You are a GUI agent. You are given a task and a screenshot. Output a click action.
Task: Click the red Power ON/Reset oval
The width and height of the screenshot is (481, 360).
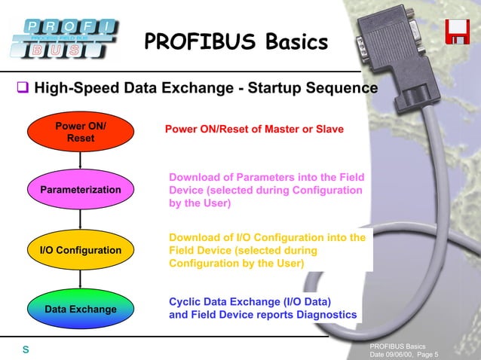pos(81,132)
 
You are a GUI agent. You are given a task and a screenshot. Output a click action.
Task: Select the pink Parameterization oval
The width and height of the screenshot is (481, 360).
pos(81,189)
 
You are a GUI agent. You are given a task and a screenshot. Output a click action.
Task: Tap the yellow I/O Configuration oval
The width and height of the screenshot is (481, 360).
pos(81,249)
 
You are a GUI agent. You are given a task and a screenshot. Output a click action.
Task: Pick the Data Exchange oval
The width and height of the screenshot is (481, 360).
pos(81,309)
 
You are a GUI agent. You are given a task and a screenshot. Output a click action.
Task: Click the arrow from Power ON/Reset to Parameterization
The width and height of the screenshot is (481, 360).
pos(81,160)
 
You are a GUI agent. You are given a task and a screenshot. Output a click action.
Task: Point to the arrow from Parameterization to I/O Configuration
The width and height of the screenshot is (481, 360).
pos(81,219)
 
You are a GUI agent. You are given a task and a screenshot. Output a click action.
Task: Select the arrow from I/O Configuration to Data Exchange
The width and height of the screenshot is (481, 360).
pos(81,279)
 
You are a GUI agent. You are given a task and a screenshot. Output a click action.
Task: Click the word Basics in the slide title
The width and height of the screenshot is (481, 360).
pos(290,41)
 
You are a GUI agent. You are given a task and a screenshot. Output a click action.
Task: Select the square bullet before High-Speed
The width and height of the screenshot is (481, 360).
pos(23,88)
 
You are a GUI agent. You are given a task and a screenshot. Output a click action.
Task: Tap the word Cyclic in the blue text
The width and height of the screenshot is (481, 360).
pos(185,301)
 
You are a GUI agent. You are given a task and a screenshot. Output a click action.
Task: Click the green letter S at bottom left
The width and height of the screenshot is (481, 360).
pos(25,349)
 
